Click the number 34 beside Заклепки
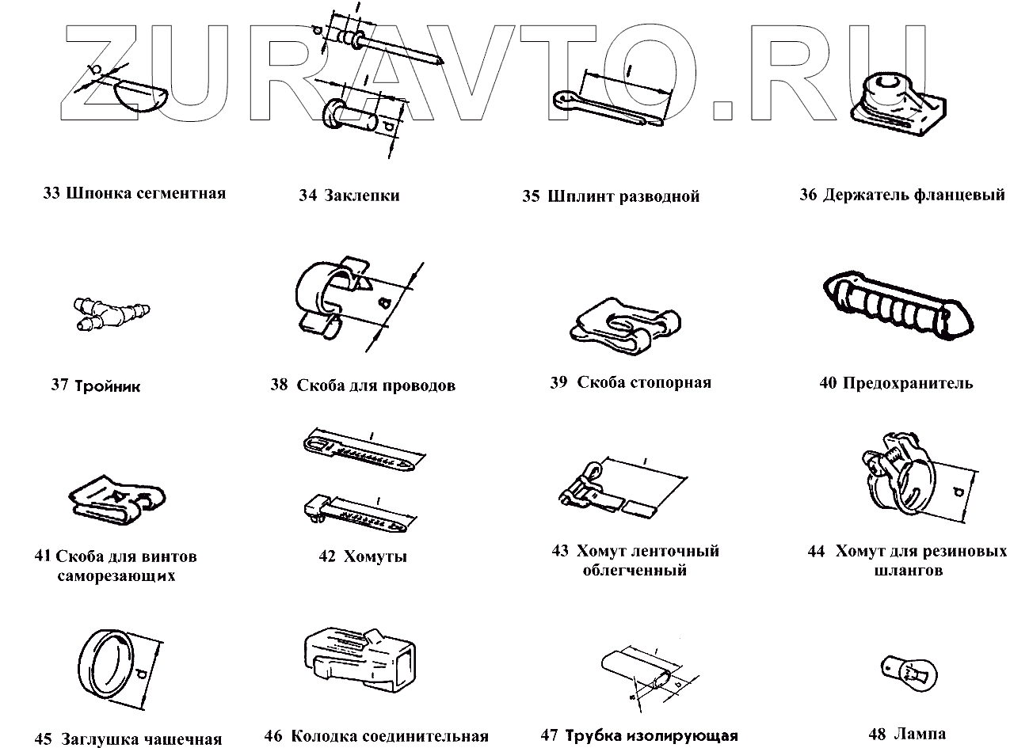click(x=307, y=196)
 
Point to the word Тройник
click(x=108, y=386)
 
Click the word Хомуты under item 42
click(x=375, y=556)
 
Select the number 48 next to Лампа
click(x=877, y=734)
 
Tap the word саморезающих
click(x=116, y=576)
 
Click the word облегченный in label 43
click(x=635, y=571)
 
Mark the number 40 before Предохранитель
click(x=829, y=383)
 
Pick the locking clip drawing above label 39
click(x=626, y=326)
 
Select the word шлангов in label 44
click(x=909, y=571)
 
